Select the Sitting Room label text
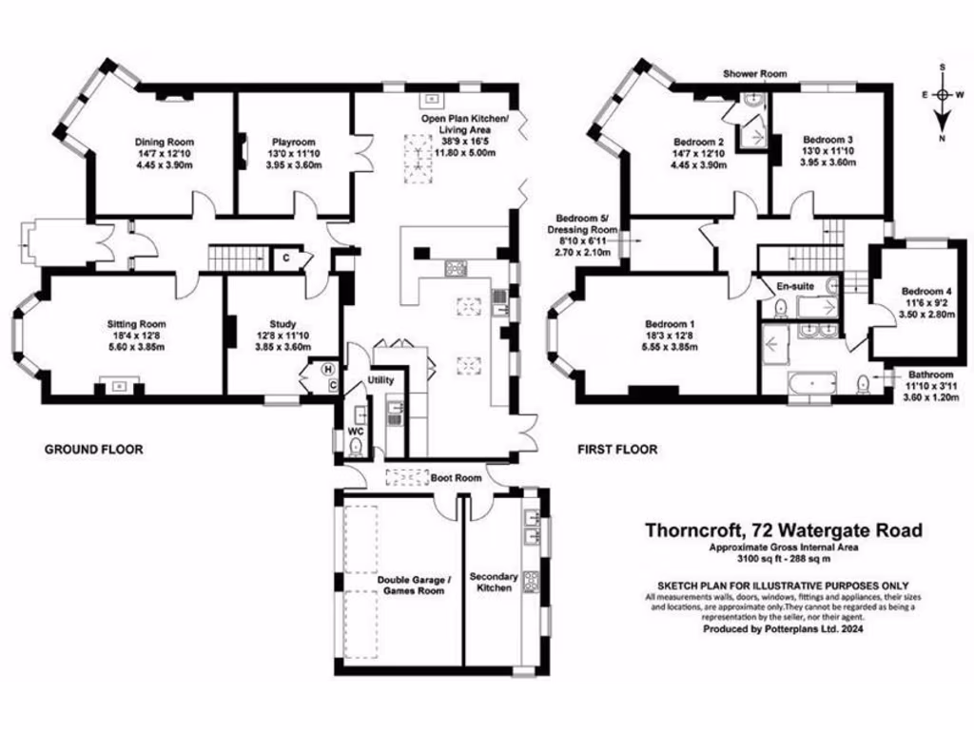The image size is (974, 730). click(136, 324)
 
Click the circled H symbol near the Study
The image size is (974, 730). click(329, 369)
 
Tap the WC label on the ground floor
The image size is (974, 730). click(355, 432)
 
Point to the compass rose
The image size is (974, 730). click(943, 95)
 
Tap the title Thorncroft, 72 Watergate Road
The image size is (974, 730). click(784, 530)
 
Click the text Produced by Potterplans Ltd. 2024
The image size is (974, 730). click(784, 629)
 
